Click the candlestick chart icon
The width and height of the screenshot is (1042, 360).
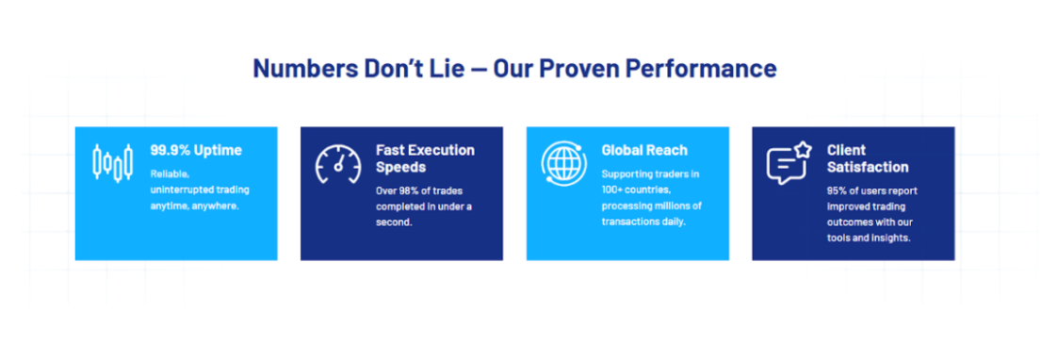pos(112,162)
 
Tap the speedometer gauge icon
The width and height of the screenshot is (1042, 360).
pos(338,164)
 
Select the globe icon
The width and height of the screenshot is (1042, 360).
pos(564,162)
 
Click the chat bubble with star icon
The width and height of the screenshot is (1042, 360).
pos(790,163)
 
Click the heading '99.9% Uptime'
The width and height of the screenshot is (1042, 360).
pos(196,150)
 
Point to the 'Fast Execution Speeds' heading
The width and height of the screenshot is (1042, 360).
pos(425,158)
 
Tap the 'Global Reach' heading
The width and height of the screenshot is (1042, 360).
pos(644,150)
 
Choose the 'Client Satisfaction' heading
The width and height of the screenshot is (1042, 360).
pos(868,158)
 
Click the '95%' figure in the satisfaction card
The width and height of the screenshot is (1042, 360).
pos(838,190)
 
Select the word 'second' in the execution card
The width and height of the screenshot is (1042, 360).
pos(394,222)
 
